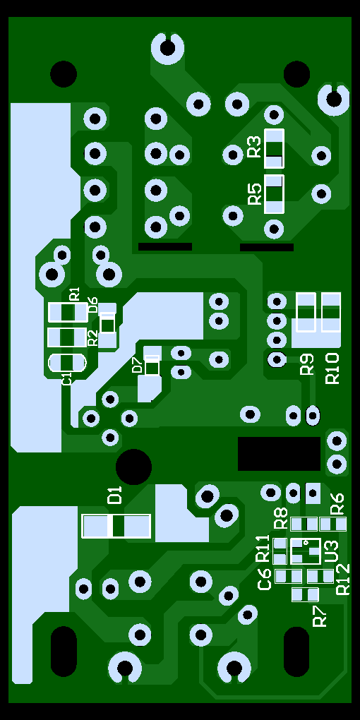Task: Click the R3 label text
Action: pyautogui.click(x=254, y=147)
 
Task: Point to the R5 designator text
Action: pyautogui.click(x=254, y=194)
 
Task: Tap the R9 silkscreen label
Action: pyautogui.click(x=307, y=364)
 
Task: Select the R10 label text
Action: pyautogui.click(x=332, y=368)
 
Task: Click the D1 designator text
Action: pyautogui.click(x=115, y=496)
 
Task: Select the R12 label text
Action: pyautogui.click(x=343, y=580)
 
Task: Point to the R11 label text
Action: pyautogui.click(x=263, y=548)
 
